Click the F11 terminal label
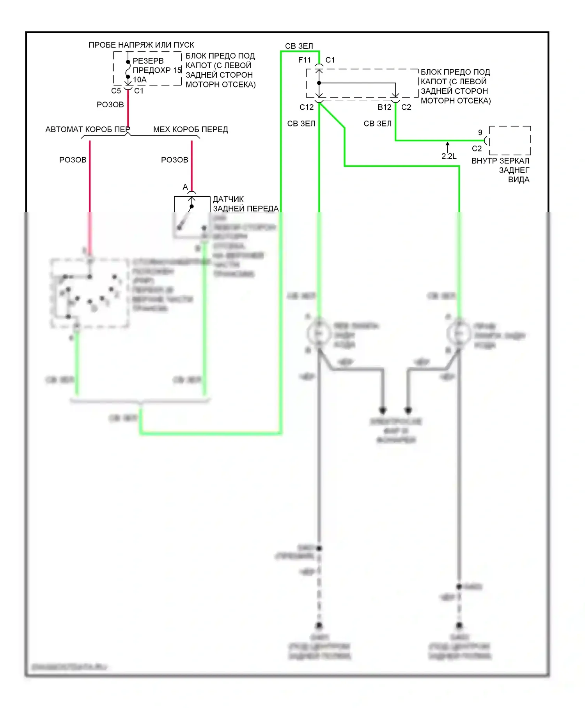pyautogui.click(x=305, y=60)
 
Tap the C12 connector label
pyautogui.click(x=307, y=107)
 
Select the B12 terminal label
pyautogui.click(x=385, y=107)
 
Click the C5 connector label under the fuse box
pyautogui.click(x=116, y=91)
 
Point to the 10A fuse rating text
pyautogui.click(x=140, y=80)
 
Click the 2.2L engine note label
pyautogui.click(x=449, y=156)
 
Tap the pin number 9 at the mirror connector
pyautogui.click(x=480, y=132)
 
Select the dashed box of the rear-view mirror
pyautogui.click(x=510, y=140)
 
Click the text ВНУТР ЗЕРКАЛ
pyautogui.click(x=500, y=161)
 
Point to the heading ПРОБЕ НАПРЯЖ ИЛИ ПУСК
pyautogui.click(x=141, y=45)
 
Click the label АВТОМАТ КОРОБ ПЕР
pyautogui.click(x=87, y=129)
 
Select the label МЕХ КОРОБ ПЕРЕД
pyautogui.click(x=190, y=129)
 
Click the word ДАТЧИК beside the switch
pyautogui.click(x=228, y=199)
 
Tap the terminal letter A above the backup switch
pyautogui.click(x=185, y=187)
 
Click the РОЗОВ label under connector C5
pyautogui.click(x=110, y=105)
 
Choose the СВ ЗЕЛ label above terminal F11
pyautogui.click(x=299, y=46)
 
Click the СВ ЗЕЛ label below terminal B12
pyautogui.click(x=378, y=123)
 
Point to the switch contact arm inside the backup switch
pyautogui.click(x=186, y=217)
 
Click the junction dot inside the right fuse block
pyautogui.click(x=319, y=83)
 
